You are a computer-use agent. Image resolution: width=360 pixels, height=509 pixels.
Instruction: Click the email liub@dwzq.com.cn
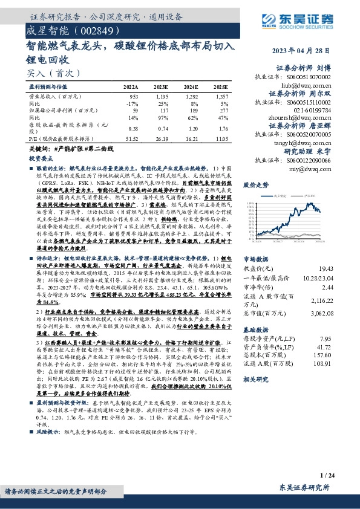pos(308,86)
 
